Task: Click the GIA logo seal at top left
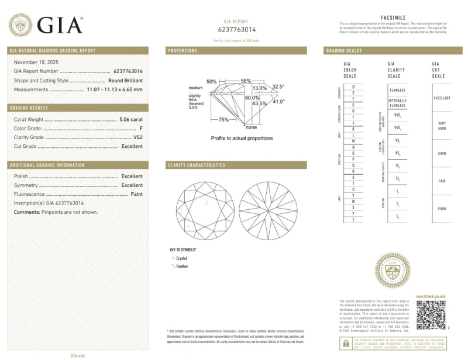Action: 20,25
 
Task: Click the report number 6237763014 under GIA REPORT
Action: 236,29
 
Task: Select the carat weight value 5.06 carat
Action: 130,119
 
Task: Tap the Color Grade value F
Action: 141,128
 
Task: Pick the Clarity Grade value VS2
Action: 137,137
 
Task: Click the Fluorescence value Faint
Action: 136,193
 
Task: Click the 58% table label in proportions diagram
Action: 246,81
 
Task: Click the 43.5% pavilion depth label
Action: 259,103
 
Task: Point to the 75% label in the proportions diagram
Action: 223,119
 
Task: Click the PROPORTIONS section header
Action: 183,51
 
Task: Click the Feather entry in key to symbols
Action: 182,266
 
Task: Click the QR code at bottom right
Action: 431,317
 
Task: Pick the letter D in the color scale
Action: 353,86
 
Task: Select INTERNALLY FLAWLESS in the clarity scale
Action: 397,103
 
